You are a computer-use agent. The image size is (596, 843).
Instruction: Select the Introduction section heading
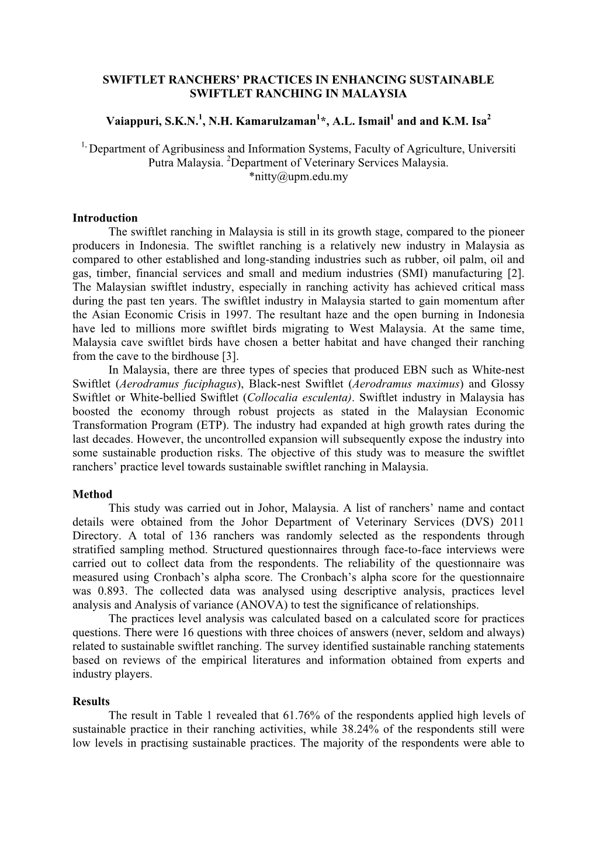[x=105, y=218]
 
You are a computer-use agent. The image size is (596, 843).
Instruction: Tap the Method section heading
[x=92, y=494]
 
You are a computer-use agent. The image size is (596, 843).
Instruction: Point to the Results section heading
[x=91, y=701]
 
